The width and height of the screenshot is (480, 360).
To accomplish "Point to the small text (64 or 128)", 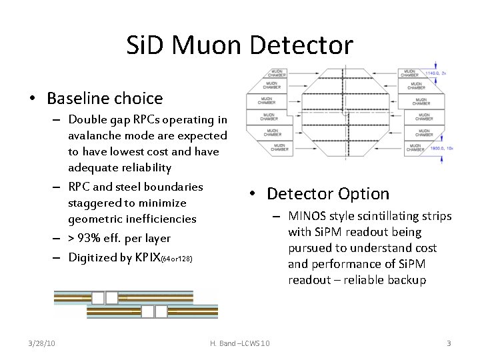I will tap(177, 259).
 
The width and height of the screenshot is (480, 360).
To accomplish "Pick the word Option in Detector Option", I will tap(364, 194).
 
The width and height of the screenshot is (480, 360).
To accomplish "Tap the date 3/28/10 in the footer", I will tap(42, 343).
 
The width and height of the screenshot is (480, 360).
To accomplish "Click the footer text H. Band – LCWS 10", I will tap(240, 343).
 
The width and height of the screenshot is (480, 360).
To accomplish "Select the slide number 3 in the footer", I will tap(449, 343).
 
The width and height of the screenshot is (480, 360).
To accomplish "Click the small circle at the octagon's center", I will tap(345, 112).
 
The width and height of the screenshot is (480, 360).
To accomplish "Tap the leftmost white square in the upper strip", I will tap(98, 298).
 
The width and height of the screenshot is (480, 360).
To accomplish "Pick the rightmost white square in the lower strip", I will tap(160, 311).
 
